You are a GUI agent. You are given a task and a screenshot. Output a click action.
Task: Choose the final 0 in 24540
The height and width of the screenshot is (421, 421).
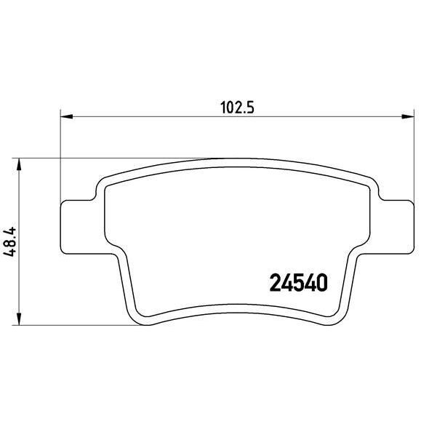click(321, 281)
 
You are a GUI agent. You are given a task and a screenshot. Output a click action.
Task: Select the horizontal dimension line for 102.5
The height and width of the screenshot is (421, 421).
click(145, 115)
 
